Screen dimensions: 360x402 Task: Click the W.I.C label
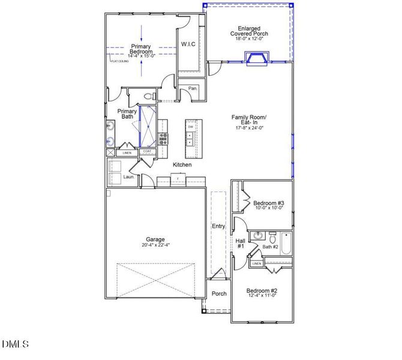point(188,44)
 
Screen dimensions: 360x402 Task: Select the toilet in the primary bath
point(150,96)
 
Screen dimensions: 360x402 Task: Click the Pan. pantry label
point(193,88)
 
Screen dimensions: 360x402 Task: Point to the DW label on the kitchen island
point(190,127)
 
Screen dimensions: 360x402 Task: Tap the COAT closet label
point(147,152)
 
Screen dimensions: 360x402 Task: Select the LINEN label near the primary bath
point(127,153)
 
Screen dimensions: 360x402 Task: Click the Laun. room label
point(128,177)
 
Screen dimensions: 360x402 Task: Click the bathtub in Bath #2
point(286,244)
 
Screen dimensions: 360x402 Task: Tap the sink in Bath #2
point(258,236)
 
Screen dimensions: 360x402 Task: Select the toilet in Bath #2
point(272,236)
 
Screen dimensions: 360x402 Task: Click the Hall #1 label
point(240,244)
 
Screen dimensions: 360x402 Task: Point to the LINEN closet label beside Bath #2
point(256,263)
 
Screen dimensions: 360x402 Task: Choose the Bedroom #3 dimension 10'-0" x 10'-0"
point(268,209)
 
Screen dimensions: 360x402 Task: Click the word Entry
point(218,226)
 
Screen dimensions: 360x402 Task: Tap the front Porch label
point(219,294)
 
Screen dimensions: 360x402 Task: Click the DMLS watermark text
point(16,344)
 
